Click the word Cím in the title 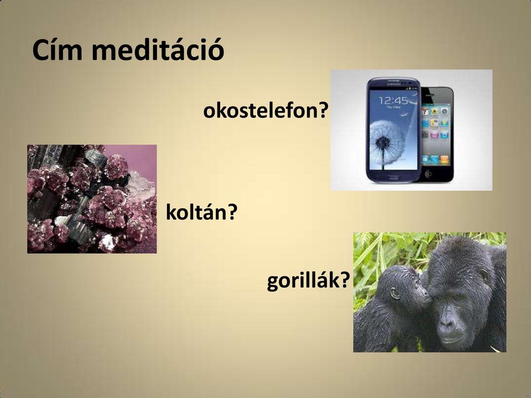point(58,50)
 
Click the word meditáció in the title point(158,50)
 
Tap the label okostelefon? point(266,111)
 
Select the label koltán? point(202,212)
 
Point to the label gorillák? point(308,281)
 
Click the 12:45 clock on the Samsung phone point(393,100)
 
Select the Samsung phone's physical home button point(393,177)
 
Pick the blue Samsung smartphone point(393,130)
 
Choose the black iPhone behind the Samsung point(437,134)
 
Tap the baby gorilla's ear point(394,293)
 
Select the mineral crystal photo point(92,199)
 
